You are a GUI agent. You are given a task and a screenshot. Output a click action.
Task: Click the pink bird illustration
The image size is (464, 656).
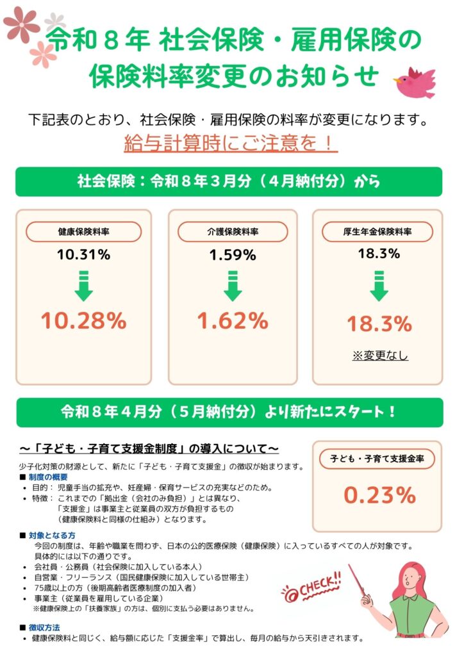click(415, 83)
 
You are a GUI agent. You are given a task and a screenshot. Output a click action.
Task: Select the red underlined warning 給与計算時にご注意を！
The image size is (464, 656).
click(230, 143)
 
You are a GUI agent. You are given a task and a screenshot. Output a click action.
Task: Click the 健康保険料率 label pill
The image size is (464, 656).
click(83, 232)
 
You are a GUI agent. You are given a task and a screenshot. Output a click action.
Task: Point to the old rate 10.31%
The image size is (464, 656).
click(83, 254)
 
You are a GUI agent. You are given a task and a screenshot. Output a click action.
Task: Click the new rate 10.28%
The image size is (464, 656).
click(83, 320)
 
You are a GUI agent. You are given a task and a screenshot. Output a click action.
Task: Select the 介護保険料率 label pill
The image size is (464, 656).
click(232, 232)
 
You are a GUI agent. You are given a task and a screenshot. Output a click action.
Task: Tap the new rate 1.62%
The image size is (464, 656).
click(232, 320)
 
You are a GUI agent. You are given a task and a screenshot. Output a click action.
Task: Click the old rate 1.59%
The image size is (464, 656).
click(232, 254)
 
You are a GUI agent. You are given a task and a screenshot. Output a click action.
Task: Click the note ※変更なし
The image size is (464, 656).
click(380, 356)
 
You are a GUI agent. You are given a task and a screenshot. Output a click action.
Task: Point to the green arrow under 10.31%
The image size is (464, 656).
click(83, 286)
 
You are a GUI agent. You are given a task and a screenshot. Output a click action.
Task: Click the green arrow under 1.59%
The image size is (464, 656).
click(232, 286)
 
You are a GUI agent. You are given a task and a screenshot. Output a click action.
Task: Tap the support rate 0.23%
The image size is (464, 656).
click(379, 495)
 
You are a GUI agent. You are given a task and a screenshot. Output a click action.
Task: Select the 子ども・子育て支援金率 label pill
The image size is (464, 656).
click(379, 459)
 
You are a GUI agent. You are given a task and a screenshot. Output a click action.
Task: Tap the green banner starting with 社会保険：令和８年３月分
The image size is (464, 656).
click(229, 181)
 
